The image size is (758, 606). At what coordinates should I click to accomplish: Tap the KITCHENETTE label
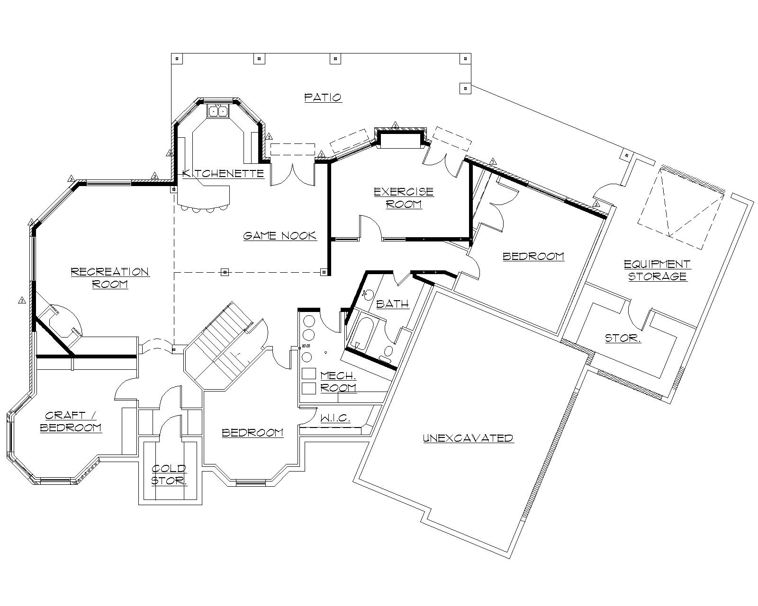pyautogui.click(x=223, y=173)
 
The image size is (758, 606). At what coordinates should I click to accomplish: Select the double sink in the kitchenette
pyautogui.click(x=218, y=111)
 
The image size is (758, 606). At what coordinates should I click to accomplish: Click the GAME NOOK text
pyautogui.click(x=280, y=236)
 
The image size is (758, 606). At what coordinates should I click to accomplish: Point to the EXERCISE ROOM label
pyautogui.click(x=404, y=198)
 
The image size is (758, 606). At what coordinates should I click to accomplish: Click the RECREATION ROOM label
pyautogui.click(x=110, y=278)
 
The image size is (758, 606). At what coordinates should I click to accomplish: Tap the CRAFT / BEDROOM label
pyautogui.click(x=71, y=421)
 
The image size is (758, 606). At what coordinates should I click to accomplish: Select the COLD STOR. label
pyautogui.click(x=169, y=475)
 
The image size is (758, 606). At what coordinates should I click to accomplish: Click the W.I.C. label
pyautogui.click(x=335, y=419)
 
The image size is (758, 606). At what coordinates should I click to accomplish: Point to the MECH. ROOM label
pyautogui.click(x=338, y=382)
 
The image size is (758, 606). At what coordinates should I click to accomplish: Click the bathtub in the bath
pyautogui.click(x=364, y=334)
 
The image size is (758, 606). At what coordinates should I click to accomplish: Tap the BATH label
pyautogui.click(x=392, y=304)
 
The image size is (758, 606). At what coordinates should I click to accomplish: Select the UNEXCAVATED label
pyautogui.click(x=468, y=438)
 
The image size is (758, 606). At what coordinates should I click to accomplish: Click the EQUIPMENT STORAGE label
pyautogui.click(x=657, y=270)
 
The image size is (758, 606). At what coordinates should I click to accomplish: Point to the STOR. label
pyautogui.click(x=623, y=338)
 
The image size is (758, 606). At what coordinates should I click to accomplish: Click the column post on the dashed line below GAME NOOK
pyautogui.click(x=225, y=272)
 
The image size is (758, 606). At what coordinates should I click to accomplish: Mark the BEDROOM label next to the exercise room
pyautogui.click(x=533, y=257)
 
